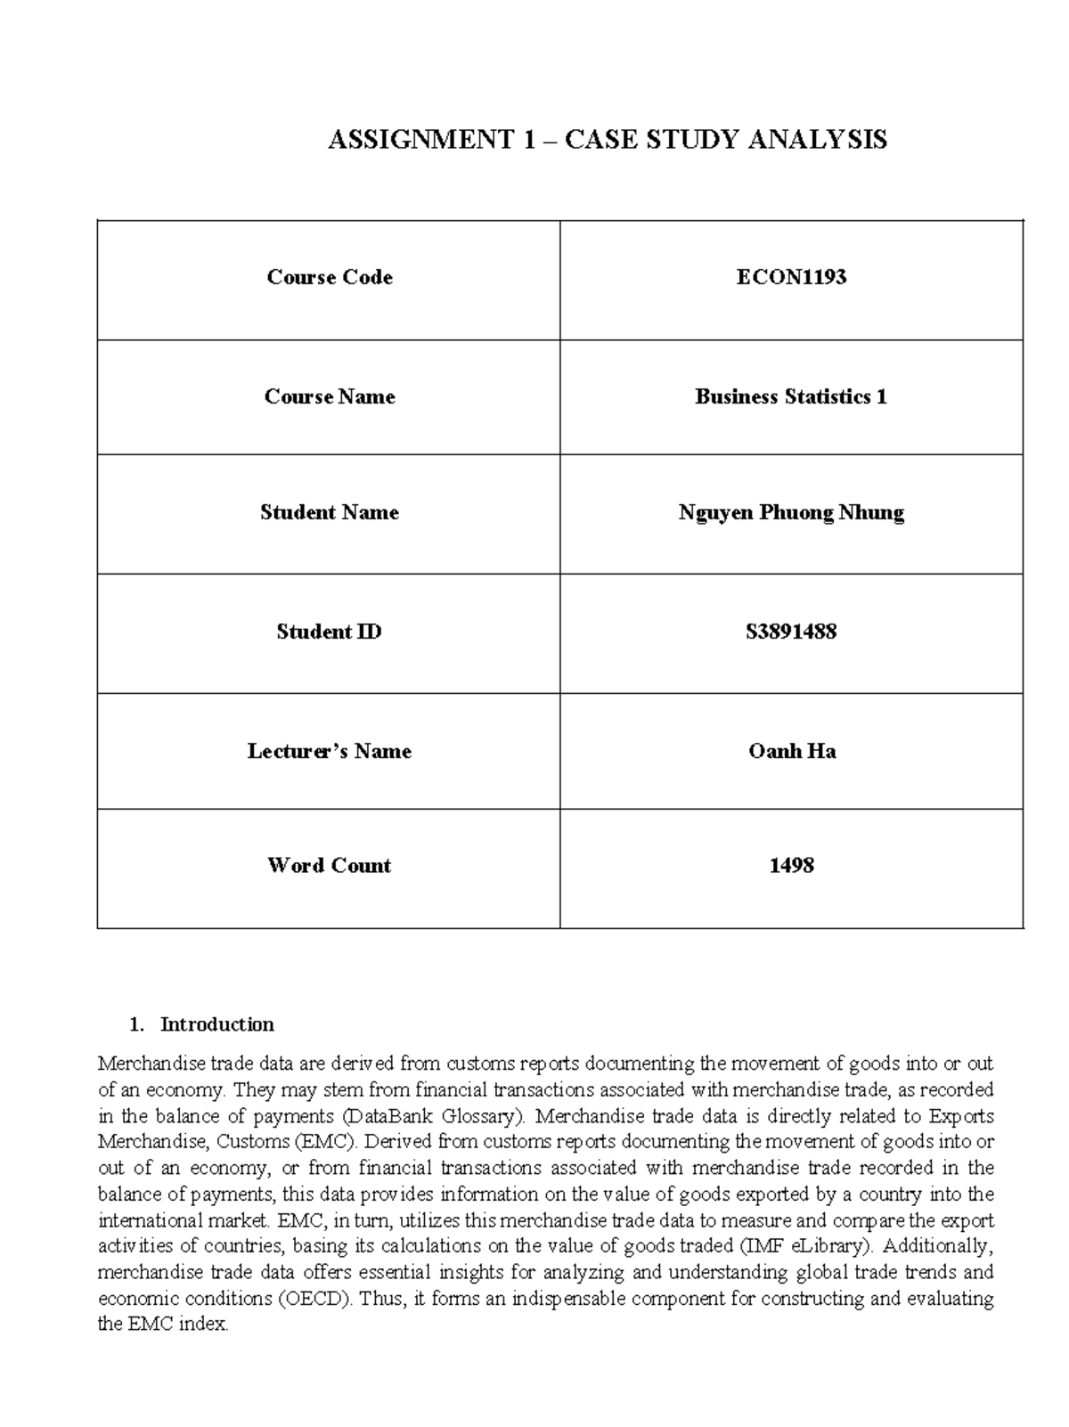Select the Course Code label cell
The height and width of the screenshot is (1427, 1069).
[329, 277]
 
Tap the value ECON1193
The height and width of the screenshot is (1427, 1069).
[791, 277]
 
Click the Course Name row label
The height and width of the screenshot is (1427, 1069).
[329, 396]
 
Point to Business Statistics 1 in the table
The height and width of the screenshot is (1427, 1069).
[791, 396]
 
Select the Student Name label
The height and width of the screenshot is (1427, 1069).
[329, 512]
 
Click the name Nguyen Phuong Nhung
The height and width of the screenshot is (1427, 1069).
[791, 512]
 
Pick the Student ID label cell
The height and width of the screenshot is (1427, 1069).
[329, 632]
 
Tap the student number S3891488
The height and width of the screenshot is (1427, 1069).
[791, 632]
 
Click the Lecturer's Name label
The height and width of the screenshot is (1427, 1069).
[329, 751]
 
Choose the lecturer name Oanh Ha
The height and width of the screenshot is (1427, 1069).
[791, 751]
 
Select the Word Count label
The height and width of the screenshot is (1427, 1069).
[329, 865]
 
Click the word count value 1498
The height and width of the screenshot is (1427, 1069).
[791, 865]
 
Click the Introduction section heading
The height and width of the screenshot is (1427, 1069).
[216, 1024]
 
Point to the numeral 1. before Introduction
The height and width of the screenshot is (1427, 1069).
[135, 1024]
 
